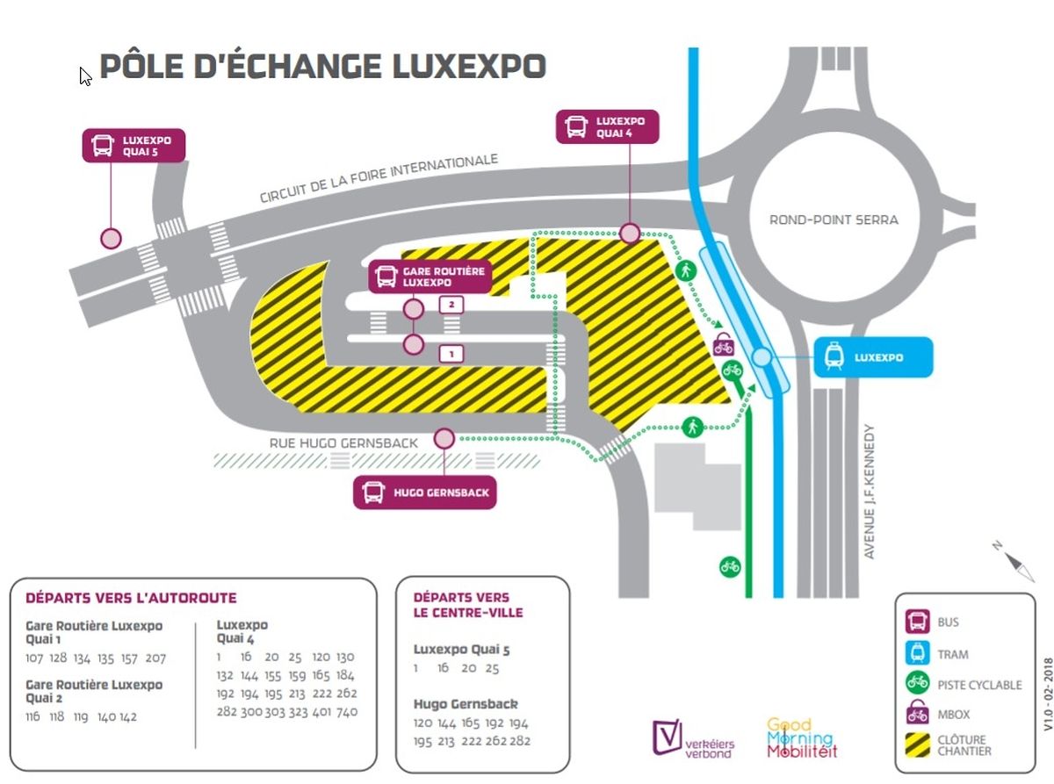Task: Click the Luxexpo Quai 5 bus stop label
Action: point(134,146)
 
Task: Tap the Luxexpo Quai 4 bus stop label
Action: point(607,126)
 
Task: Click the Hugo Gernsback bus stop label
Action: point(424,493)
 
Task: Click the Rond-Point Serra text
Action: point(834,219)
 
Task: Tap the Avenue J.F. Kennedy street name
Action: point(870,492)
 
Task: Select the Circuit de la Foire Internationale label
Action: point(379,179)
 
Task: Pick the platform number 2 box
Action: point(451,305)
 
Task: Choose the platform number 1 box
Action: point(451,354)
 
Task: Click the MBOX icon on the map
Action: point(724,344)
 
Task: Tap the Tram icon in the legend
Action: point(918,652)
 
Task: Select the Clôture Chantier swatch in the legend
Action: point(918,744)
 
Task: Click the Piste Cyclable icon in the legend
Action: point(918,683)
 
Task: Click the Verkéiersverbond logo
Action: point(693,740)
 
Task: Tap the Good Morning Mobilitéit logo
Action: point(801,738)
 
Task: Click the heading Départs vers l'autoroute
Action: point(131,598)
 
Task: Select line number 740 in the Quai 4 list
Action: point(347,711)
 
